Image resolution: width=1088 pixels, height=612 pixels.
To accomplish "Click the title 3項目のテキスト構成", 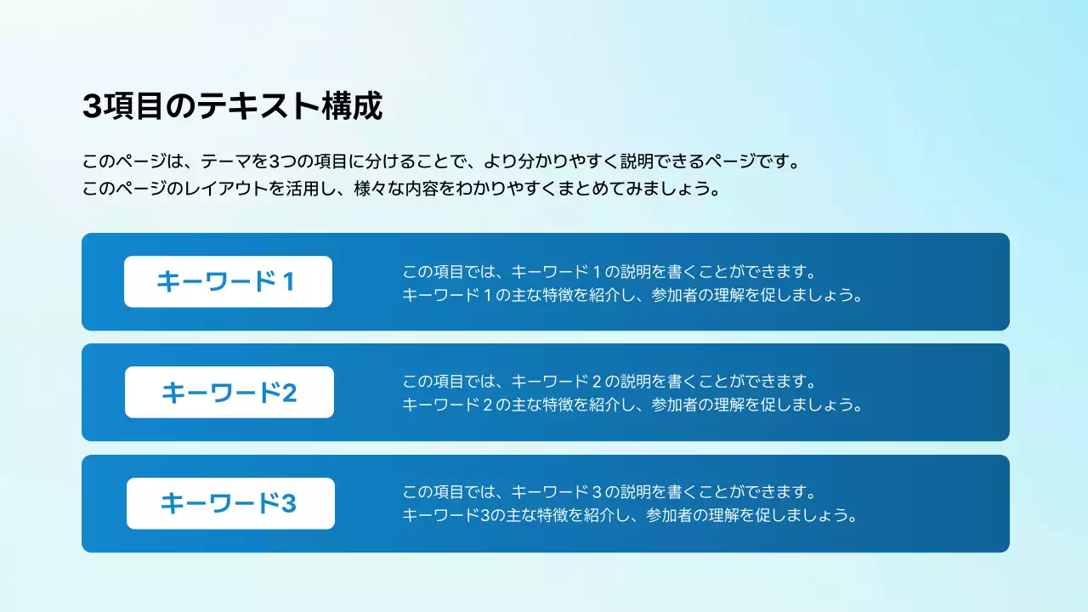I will tap(232, 107).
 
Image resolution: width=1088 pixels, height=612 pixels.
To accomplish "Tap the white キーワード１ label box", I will tap(228, 281).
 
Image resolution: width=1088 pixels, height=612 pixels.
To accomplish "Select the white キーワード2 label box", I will tap(229, 393).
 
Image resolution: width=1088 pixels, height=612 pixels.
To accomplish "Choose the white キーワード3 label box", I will tap(230, 503).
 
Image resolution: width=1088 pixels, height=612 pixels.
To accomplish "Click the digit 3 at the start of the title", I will tap(92, 107).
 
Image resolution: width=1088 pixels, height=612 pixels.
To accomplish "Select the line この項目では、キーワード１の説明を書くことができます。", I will tap(609, 273).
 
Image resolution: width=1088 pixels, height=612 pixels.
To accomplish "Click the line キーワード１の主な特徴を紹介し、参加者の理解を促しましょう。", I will tap(632, 296).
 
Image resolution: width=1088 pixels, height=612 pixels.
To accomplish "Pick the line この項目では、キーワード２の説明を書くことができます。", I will tap(609, 382).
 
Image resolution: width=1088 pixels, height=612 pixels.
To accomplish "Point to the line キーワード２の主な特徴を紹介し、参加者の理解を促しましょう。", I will tap(632, 405).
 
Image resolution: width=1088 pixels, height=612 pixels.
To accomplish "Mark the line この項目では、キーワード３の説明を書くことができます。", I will tap(609, 492).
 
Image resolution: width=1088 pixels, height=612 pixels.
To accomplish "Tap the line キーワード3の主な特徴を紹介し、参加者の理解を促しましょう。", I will tap(628, 515).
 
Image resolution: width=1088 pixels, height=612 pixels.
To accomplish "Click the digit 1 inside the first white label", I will tap(287, 281).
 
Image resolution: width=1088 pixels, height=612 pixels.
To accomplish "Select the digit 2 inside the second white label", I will tap(289, 393).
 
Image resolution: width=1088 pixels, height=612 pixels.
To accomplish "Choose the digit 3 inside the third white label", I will tap(288, 503).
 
